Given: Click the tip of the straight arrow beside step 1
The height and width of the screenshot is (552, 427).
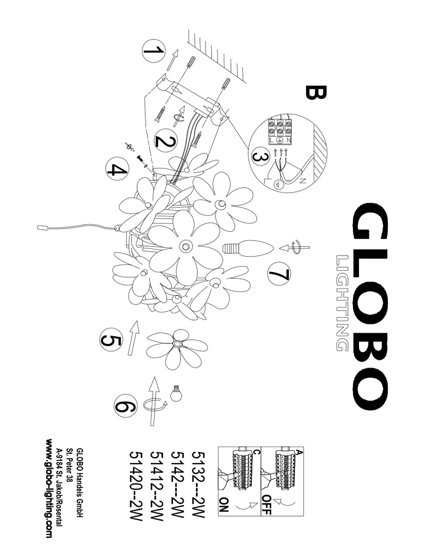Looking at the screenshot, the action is [x=177, y=50].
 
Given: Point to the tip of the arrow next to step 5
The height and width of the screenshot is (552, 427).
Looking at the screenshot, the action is [x=136, y=321].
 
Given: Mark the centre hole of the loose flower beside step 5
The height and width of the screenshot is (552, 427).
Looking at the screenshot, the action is [x=177, y=344].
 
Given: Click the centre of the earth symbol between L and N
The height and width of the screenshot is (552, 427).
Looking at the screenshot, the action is [x=280, y=140].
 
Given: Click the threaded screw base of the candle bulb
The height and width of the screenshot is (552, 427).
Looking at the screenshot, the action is [x=230, y=248].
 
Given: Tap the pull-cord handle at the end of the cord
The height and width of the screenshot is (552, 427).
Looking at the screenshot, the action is [x=43, y=228].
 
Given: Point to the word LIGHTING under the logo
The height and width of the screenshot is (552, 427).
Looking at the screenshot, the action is [x=342, y=303].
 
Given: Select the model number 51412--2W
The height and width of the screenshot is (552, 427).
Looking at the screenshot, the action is [x=157, y=486].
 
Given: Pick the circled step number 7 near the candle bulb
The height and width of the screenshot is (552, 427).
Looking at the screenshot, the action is [x=279, y=274].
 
